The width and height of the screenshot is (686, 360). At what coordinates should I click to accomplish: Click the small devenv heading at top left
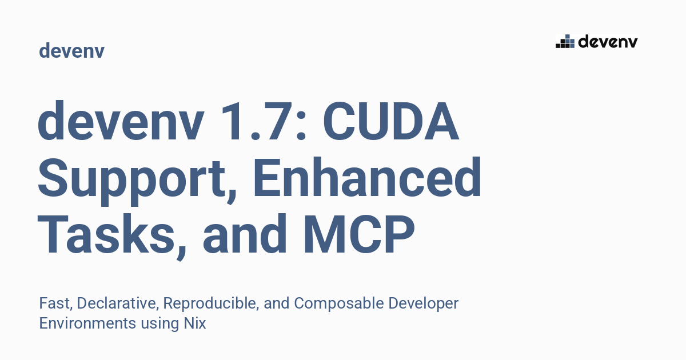coord(71,50)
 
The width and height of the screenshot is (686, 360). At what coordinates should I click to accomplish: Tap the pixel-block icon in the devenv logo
coord(565,41)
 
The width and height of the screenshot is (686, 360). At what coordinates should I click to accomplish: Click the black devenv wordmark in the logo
coord(608,42)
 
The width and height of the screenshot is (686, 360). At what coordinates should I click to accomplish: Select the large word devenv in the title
coord(121,121)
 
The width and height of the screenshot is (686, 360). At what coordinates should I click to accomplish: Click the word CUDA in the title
coord(391,121)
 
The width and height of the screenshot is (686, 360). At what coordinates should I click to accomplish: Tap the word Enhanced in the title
coord(367,177)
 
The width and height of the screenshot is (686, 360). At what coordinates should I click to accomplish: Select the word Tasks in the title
coord(106,235)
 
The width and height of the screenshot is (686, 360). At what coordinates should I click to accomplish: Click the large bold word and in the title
coord(245,234)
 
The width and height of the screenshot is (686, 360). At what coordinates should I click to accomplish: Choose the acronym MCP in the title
coord(359,235)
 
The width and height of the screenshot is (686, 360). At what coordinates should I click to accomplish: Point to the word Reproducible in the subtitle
coord(211,303)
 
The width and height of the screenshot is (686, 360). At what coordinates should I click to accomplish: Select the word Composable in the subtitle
coord(339,304)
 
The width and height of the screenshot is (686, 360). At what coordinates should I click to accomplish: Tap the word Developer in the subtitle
coord(424,304)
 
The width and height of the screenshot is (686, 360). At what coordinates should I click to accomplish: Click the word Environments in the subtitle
coord(87,323)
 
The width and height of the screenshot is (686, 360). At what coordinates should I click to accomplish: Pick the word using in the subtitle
coord(160,325)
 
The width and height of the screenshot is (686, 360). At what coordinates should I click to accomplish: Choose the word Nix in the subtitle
coord(195,323)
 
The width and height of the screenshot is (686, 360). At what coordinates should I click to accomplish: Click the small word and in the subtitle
coord(277,303)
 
